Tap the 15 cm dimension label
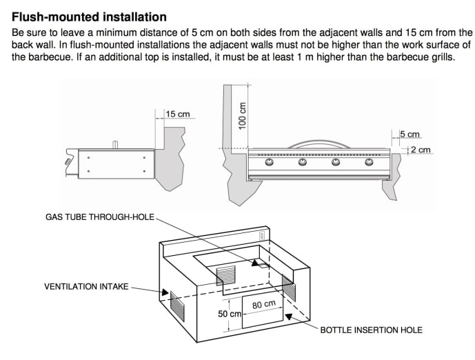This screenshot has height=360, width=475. [177, 114]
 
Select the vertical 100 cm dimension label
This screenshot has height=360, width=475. [241, 118]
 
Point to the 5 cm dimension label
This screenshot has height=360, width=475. [410, 134]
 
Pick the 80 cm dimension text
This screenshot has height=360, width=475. [264, 304]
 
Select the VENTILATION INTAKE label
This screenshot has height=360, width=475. [86, 286]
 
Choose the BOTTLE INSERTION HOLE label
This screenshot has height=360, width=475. [371, 330]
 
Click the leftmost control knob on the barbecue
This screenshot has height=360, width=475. [270, 163]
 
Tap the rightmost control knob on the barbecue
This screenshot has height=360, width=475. [369, 163]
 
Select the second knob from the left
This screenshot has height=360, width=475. [303, 163]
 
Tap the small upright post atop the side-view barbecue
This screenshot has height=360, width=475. [116, 144]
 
